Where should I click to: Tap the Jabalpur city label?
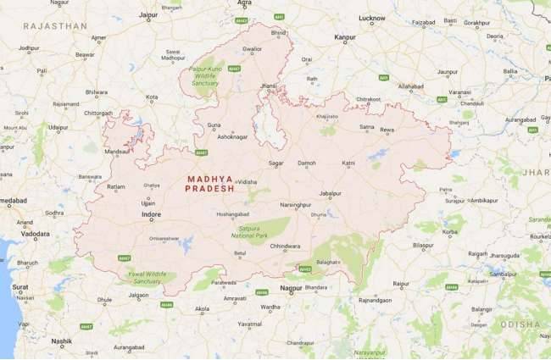(x=331, y=192)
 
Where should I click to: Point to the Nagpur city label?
(x=291, y=288)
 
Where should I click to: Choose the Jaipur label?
(x=148, y=15)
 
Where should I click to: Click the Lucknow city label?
(x=371, y=18)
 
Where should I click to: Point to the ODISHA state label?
(x=518, y=324)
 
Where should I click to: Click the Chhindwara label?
(x=284, y=246)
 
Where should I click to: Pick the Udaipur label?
(x=58, y=127)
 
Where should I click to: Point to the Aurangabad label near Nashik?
(x=129, y=347)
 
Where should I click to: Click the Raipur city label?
(x=402, y=283)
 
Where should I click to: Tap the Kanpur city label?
(x=344, y=38)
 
